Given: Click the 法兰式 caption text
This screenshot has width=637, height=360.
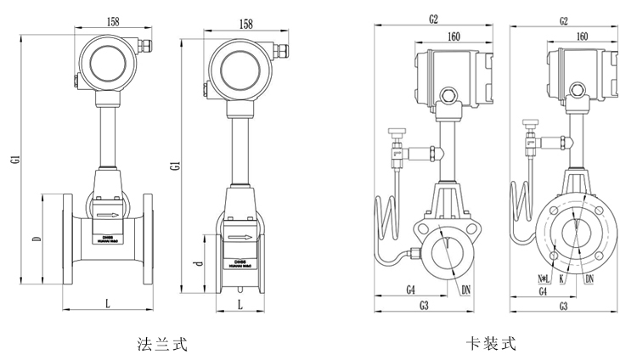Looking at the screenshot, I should click(x=161, y=344).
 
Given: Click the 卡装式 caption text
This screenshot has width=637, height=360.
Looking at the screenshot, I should click(x=490, y=344).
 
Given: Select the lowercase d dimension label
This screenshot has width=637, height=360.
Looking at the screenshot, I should click(x=198, y=264).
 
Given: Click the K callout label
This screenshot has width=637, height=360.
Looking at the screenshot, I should click(x=562, y=278).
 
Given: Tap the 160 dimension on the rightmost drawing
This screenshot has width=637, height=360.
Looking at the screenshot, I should click(x=582, y=37).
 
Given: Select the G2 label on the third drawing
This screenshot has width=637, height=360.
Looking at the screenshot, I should click(x=433, y=18).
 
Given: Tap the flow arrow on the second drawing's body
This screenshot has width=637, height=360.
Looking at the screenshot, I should click(x=241, y=239).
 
